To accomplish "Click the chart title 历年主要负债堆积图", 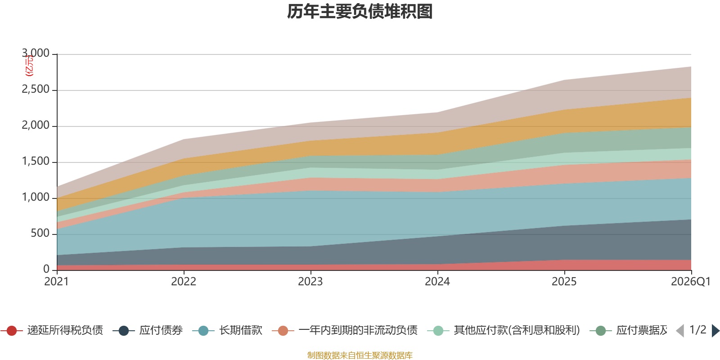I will pos(360,12).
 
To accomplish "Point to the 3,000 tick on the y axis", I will pos(36,54).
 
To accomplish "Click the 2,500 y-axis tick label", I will pos(36,90).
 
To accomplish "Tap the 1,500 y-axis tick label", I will pos(36,162).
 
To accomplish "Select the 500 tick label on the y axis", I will pos(40,234).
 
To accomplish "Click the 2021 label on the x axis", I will pos(56,282).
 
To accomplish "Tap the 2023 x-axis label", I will pos(310,282).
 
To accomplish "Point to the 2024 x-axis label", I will pos(437,282).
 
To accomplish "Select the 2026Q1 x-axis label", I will pos(690,282).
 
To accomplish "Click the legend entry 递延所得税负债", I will pos(65,330).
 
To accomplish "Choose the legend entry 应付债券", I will pos(161,330).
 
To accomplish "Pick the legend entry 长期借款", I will pos(240,330).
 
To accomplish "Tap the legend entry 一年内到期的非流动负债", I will pos(358,330).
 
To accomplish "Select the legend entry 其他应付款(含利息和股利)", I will pos(517,330).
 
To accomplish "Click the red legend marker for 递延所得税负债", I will pos(12,331).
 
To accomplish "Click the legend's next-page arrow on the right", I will pos(715,331).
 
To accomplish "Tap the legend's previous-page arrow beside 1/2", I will pos(680,331).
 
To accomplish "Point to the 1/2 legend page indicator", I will pos(697,330).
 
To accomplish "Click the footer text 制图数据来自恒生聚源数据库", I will pos(360,355).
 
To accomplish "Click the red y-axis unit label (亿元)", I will pos(29,66).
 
